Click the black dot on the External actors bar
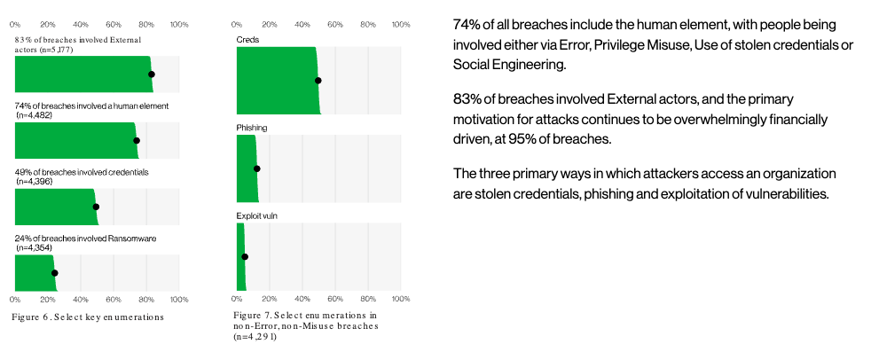pos(152,74)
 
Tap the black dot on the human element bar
pos(137,140)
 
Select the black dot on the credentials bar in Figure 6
pos(96,207)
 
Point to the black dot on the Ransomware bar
pos(54,273)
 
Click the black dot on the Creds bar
pos(318,81)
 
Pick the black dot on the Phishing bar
pos(257,168)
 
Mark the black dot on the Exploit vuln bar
pos(245,257)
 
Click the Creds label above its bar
pos(247,40)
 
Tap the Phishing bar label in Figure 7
pos(252,128)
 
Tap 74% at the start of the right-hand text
pos(467,25)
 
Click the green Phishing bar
pos(246,168)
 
